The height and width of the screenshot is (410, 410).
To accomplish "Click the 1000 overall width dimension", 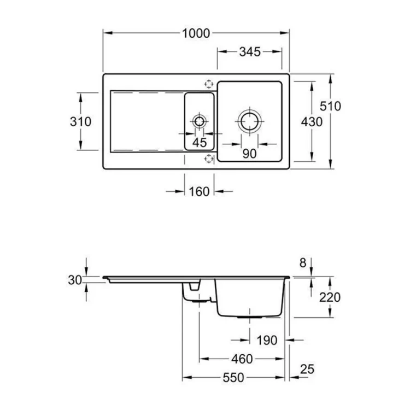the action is click(x=196, y=33).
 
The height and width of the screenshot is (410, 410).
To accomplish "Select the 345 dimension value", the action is click(x=250, y=52).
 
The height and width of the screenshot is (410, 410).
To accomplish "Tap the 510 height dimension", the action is click(x=330, y=106).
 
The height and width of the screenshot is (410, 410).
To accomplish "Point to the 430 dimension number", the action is click(x=312, y=122).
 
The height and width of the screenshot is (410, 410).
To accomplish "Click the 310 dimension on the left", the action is click(x=80, y=121).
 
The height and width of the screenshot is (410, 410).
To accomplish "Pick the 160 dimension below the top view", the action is click(x=199, y=192).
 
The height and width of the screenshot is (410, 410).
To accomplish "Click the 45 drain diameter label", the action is click(x=200, y=143).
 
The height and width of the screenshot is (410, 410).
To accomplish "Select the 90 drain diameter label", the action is click(x=249, y=154).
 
